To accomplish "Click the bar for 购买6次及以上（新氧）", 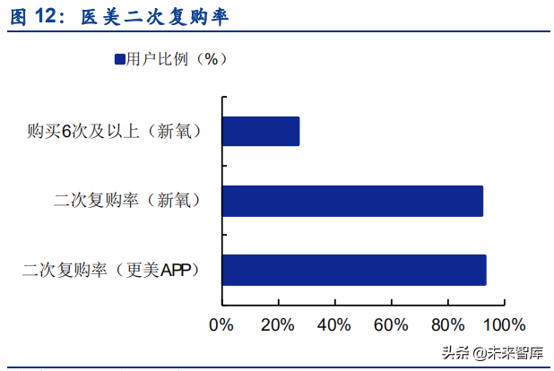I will click(260, 132).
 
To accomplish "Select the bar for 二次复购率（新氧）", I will click(352, 201).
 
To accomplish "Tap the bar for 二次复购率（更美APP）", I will click(354, 270).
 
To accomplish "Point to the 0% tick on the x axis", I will click(221, 324).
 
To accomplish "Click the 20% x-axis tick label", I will click(277, 324).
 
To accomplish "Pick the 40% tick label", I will click(333, 324).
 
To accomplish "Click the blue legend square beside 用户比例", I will click(119, 59).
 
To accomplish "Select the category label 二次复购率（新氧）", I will click(126, 201).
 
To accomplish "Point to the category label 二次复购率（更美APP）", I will click(112, 270).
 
